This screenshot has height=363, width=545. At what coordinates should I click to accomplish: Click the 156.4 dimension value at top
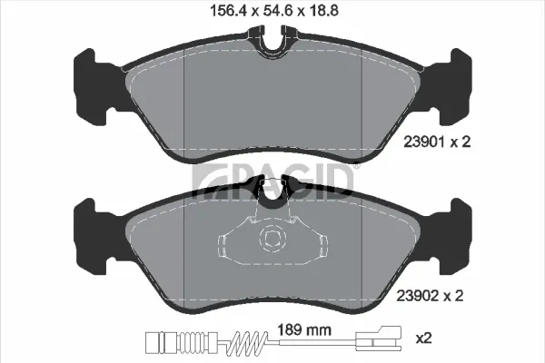228,10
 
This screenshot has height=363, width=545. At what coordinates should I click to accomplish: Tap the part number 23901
424,142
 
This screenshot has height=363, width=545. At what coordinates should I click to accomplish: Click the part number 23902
417,296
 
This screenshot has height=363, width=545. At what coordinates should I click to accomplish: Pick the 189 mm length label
304,329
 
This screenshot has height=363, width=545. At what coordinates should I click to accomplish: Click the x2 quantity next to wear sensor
423,338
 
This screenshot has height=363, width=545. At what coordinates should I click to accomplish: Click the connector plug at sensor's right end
378,338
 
